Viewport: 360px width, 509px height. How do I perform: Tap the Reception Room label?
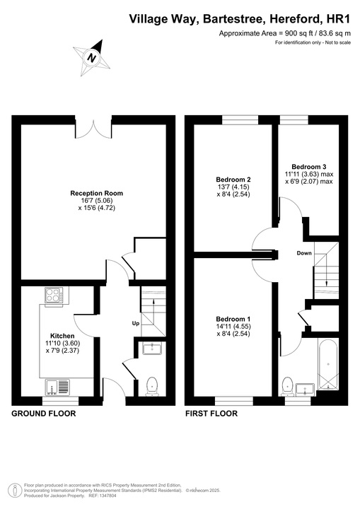(96, 193)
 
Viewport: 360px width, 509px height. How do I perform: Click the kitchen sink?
(57, 387)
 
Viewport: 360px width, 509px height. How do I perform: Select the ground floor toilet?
(150, 385)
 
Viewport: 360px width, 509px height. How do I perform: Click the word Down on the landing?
(304, 252)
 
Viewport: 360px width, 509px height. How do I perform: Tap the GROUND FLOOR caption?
(44, 414)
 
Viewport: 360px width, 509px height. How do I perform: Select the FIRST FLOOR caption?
(211, 414)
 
